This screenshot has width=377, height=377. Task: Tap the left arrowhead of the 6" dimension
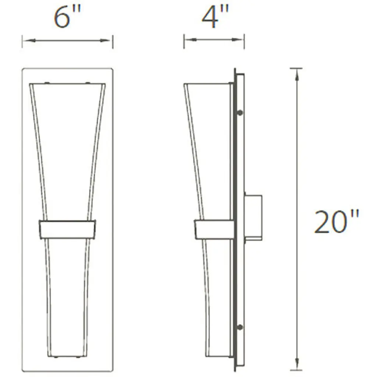(x=29, y=40)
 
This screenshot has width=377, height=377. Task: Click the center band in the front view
(x=68, y=229)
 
